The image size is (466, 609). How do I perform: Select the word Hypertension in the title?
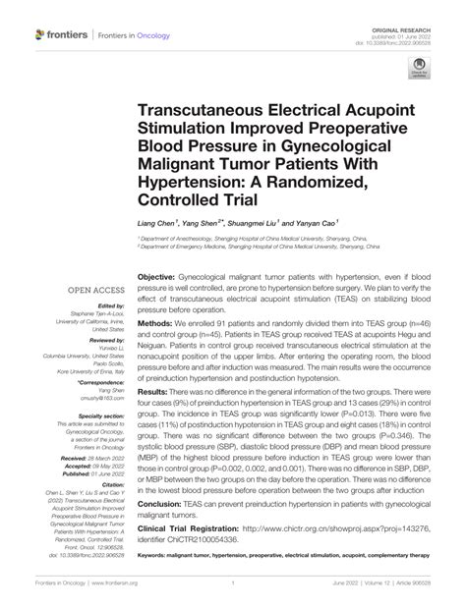(195, 183)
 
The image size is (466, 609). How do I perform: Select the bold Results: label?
(159, 391)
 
